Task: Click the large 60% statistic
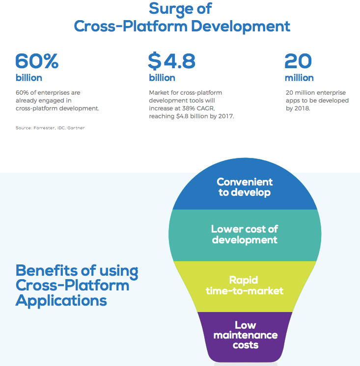tap(37, 61)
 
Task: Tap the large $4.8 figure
tap(171, 61)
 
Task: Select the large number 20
tap(298, 61)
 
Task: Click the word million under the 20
tap(299, 78)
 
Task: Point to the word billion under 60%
tap(28, 78)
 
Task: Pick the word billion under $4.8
tap(162, 78)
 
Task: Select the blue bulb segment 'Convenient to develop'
tap(245, 187)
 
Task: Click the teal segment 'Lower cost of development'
tap(245, 235)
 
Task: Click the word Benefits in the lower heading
tap(45, 270)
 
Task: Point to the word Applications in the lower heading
tap(61, 300)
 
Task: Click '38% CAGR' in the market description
tap(200, 108)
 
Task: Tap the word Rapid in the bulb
tap(244, 280)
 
